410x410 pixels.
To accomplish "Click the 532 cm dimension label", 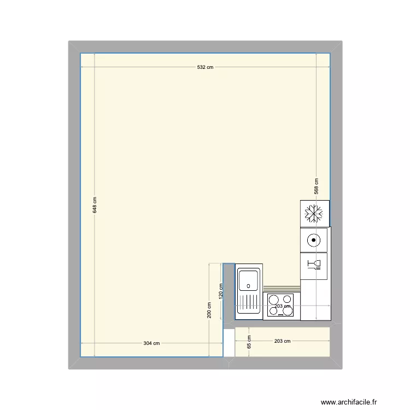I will (x=205, y=67).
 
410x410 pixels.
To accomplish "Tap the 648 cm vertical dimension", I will (x=95, y=205).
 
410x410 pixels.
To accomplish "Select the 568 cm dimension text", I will (x=316, y=186).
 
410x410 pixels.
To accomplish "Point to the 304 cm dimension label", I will (x=151, y=343).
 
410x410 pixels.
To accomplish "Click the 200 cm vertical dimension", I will (x=209, y=310).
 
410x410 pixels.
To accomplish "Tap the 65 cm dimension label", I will (x=249, y=342).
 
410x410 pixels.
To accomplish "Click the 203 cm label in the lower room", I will (x=283, y=341).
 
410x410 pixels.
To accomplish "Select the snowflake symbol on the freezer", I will (x=314, y=213).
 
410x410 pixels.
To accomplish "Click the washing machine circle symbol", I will (x=313, y=239).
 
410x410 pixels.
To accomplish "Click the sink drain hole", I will (x=249, y=285).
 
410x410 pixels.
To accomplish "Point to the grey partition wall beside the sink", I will (x=229, y=295).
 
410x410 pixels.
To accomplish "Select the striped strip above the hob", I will (x=282, y=289).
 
